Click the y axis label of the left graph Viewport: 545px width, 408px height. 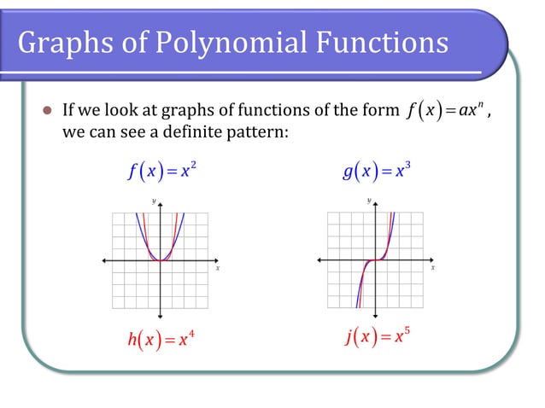155,201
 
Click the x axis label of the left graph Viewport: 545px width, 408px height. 217,268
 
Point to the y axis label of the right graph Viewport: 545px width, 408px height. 370,201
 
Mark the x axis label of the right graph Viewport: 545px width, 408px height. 432,268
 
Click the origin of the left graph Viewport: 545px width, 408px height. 161,260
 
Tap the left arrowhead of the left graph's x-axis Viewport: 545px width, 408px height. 105,260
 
